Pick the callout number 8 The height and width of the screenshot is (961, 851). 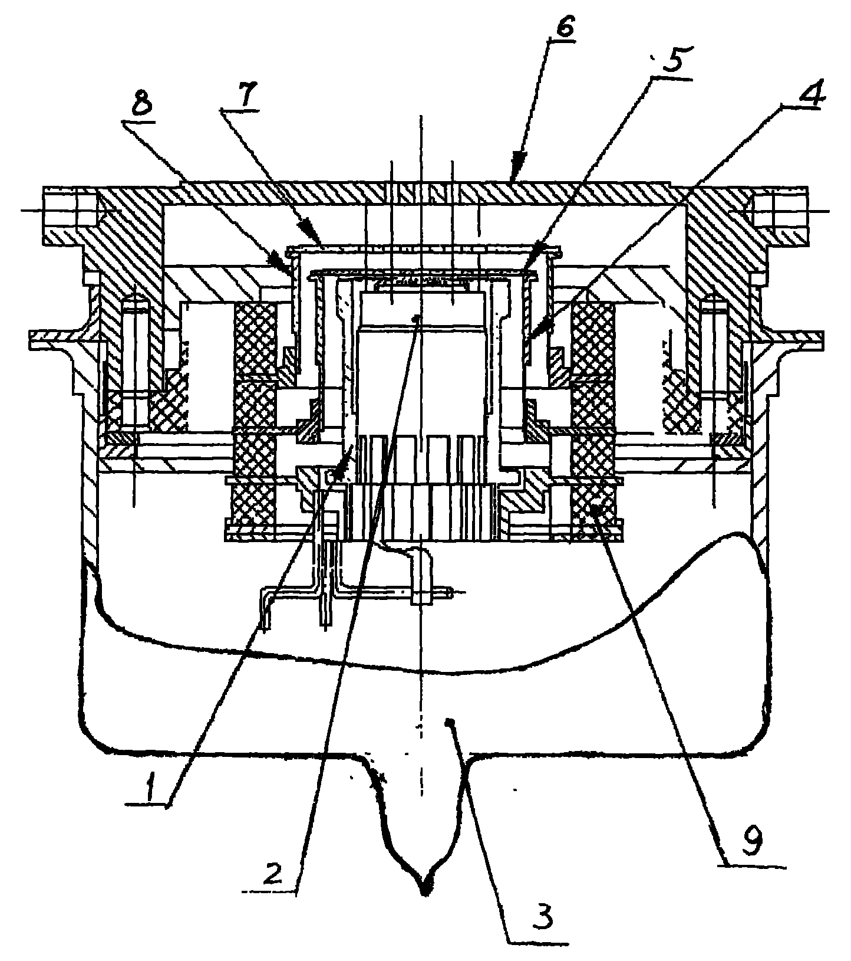coord(140,100)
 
